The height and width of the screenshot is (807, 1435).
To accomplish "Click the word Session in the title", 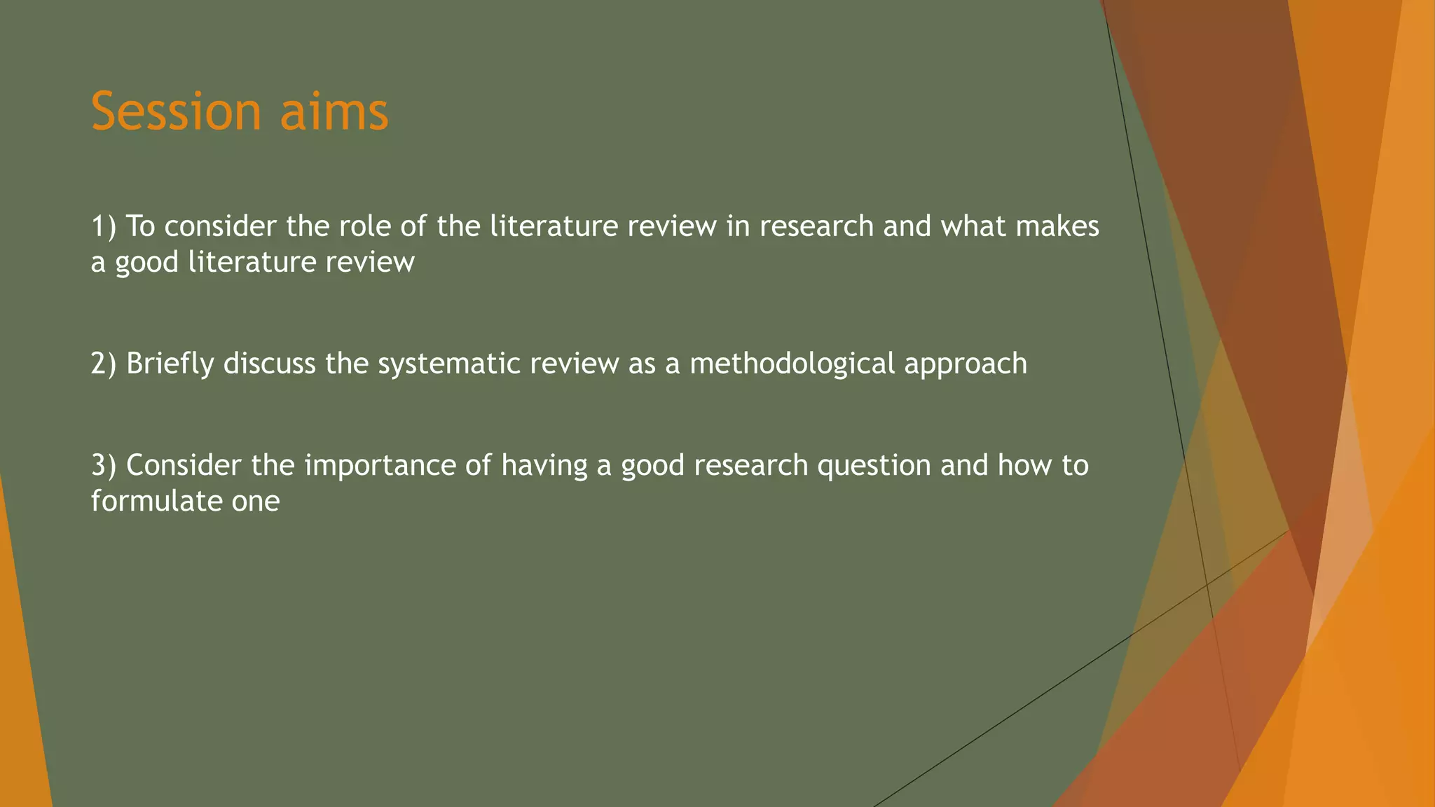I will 176,111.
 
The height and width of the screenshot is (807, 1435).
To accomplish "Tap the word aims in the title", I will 334,111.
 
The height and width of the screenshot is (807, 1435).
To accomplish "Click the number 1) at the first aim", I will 104,226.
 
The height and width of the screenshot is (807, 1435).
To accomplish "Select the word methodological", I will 792,364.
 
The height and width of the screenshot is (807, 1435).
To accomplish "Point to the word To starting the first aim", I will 140,226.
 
